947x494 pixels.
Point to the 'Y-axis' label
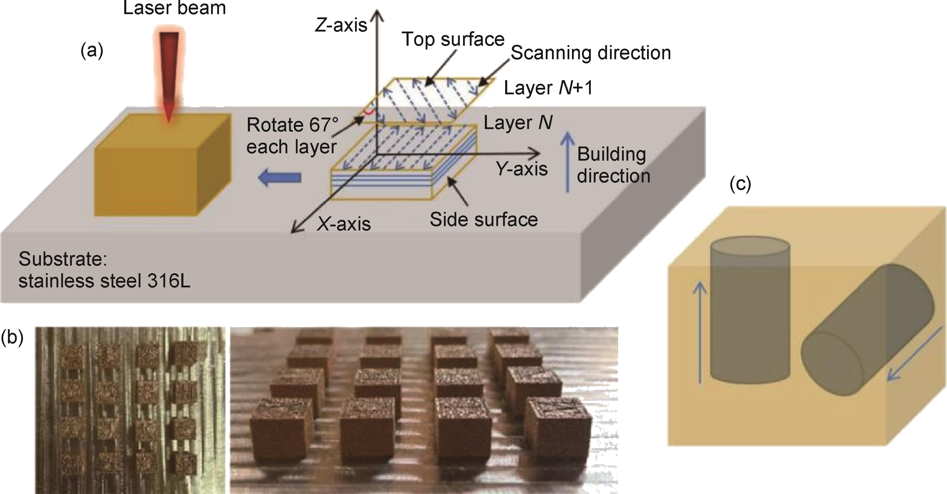(x=522, y=169)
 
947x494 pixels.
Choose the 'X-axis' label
(x=344, y=224)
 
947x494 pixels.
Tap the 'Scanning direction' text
(x=591, y=53)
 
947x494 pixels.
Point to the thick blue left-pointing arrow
(x=279, y=178)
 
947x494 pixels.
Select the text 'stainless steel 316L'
(x=105, y=281)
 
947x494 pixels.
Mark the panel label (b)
(x=12, y=337)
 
